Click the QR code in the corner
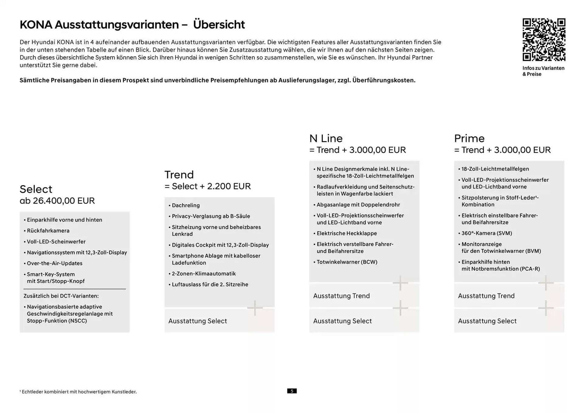pos(544,40)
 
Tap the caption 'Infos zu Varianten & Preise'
pos(543,71)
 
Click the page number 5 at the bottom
pos(292,391)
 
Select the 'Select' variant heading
pos(36,189)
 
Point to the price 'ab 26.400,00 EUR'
pos(57,201)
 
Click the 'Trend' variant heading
pos(179,175)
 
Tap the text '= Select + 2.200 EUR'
pos(207,186)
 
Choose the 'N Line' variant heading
pos(326,138)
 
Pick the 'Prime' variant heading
pos(469,138)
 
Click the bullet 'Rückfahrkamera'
pos(48,231)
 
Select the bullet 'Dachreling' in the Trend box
pos(186,205)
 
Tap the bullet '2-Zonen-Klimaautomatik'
pos(203,274)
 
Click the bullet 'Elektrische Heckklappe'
pos(346,233)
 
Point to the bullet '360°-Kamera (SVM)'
pos(486,233)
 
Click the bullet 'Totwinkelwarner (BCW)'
pos(347,262)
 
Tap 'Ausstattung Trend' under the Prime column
pos(486,296)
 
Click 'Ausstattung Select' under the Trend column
pos(197,321)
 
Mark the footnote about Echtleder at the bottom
pos(78,392)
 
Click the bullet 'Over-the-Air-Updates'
pos(54,263)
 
